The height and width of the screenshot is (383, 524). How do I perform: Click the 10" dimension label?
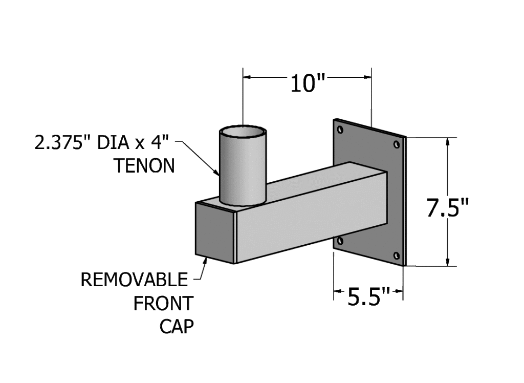coord(308,83)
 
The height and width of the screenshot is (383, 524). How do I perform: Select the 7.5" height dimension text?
coord(448,208)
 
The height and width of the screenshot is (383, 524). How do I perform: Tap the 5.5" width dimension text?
coord(369,296)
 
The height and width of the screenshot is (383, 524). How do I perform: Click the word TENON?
coord(145,165)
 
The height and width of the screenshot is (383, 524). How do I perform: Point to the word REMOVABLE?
coord(135,280)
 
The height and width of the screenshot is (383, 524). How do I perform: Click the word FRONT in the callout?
coord(163,304)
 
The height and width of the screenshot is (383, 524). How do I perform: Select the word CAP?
coord(177,327)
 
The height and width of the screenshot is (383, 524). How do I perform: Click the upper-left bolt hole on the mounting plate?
coord(340,130)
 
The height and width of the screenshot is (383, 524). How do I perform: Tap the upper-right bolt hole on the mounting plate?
coord(397,144)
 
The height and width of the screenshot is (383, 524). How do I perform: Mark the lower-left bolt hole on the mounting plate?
coord(340,241)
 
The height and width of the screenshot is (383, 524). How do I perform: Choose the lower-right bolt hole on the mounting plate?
coord(397,256)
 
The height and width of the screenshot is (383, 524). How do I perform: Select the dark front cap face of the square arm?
coord(214,232)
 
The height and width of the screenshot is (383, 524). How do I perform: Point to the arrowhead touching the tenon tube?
coord(216,172)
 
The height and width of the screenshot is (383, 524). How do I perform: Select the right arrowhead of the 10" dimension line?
coord(366,77)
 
